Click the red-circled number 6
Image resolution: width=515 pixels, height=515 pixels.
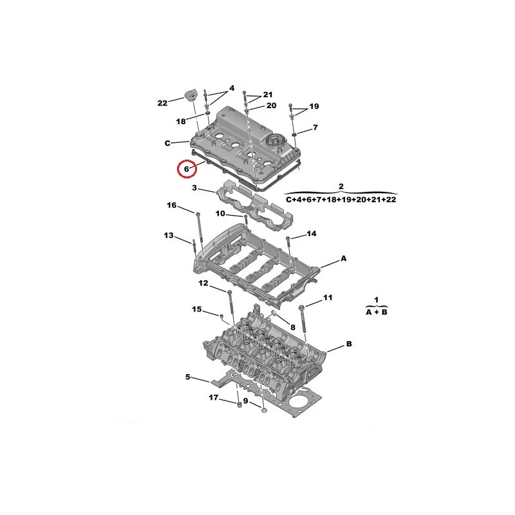click(x=187, y=169)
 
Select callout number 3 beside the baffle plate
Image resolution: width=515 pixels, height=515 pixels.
click(x=194, y=188)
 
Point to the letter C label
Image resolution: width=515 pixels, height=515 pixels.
click(x=167, y=143)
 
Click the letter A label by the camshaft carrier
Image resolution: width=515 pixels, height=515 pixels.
click(x=344, y=259)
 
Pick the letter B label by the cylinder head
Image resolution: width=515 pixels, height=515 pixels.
click(x=349, y=344)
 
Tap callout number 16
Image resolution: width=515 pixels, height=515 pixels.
click(x=172, y=205)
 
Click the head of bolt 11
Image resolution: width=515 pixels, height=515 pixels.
click(x=302, y=307)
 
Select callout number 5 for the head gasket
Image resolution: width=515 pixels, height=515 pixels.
click(x=187, y=377)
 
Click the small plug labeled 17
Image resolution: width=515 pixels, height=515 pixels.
click(x=239, y=404)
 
